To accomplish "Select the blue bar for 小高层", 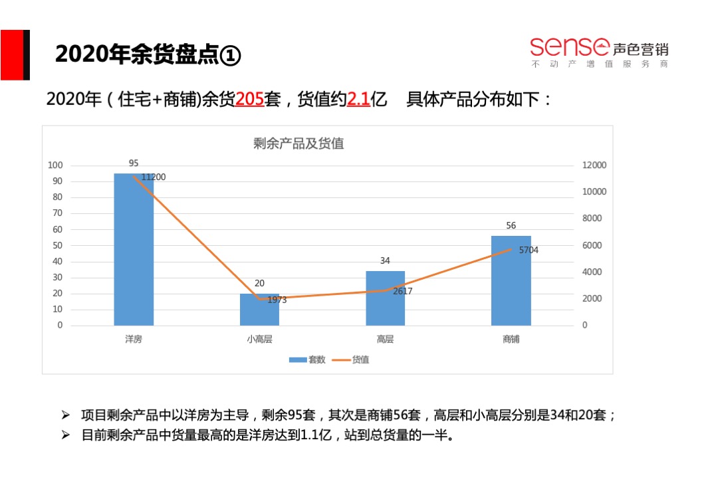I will click(259, 310).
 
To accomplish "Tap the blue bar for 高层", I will click(385, 298).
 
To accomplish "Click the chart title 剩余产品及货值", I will click(299, 143).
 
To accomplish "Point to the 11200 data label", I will click(154, 177).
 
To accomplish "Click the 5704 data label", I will click(529, 250).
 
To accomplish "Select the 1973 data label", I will click(277, 300).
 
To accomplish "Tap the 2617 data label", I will click(403, 291).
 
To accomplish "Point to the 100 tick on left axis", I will click(56, 165).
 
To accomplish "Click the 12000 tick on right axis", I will click(594, 165).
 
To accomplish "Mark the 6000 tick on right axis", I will click(592, 245).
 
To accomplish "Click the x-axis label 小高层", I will click(259, 339).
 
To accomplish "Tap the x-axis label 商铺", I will click(511, 339).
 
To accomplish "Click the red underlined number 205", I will click(250, 100).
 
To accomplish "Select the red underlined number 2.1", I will click(358, 100).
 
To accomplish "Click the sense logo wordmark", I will click(570, 47).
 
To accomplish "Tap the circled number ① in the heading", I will click(230, 55).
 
